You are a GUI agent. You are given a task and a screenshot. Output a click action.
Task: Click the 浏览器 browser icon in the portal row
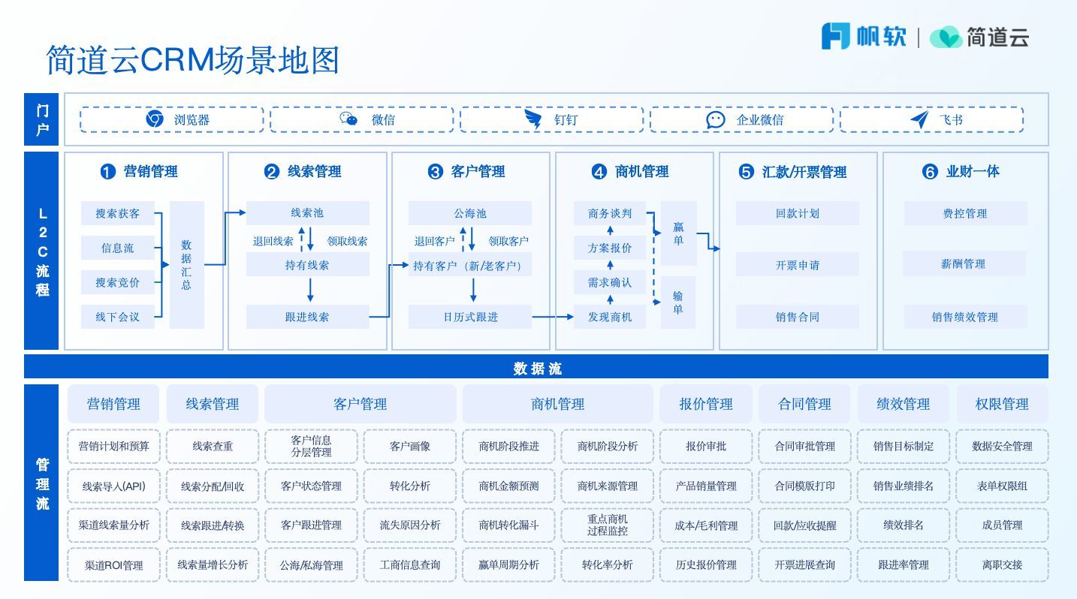tap(155, 119)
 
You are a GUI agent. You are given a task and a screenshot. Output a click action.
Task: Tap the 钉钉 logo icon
tap(533, 119)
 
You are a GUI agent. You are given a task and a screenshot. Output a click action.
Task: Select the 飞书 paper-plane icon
tap(919, 119)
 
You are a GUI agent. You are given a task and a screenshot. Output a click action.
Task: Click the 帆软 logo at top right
tap(864, 36)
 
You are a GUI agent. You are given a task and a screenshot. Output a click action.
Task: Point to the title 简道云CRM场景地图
tap(192, 60)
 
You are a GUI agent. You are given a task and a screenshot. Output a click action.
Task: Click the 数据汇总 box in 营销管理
tap(186, 264)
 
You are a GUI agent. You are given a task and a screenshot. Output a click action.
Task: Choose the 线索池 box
tap(307, 213)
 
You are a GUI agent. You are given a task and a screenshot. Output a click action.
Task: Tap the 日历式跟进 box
tap(469, 317)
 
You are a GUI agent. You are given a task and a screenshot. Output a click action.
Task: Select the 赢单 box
tap(678, 233)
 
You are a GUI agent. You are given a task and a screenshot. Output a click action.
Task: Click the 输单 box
tap(678, 303)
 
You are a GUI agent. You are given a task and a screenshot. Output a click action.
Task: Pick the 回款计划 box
tap(797, 213)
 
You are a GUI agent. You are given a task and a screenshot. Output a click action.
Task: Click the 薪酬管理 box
tap(964, 264)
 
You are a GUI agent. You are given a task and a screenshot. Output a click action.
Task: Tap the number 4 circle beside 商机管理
tap(599, 172)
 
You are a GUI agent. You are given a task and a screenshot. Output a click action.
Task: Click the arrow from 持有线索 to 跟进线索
tap(310, 290)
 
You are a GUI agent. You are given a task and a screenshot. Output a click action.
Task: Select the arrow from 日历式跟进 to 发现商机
tap(553, 317)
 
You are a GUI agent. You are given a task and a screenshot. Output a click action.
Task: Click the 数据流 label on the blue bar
tap(537, 369)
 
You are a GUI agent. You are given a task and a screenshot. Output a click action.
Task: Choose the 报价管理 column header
tap(705, 404)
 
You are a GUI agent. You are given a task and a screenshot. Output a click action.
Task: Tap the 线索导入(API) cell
tap(113, 486)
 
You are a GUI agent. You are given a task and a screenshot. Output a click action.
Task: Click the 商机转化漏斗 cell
tap(508, 525)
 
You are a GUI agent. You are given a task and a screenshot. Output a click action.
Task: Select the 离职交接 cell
tap(1002, 564)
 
